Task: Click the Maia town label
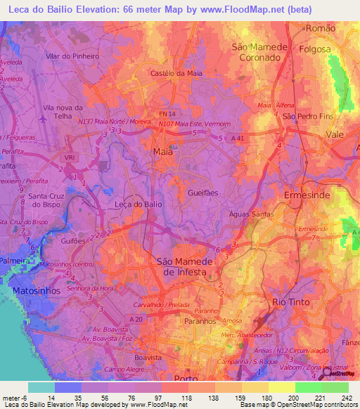click(x=162, y=151)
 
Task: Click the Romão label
click(x=321, y=28)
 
